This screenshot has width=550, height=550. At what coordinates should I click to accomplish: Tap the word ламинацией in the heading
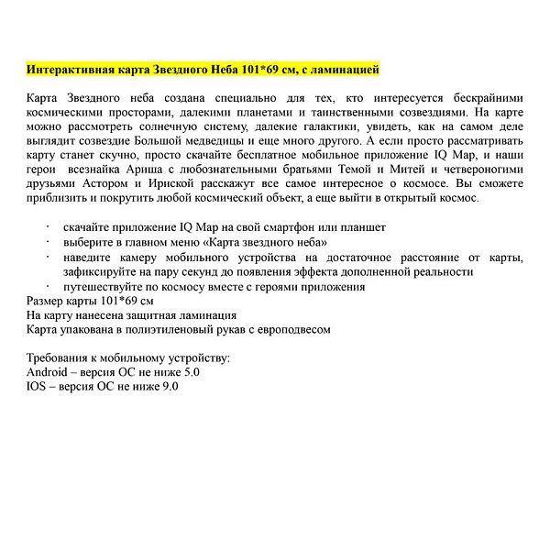tap(341, 70)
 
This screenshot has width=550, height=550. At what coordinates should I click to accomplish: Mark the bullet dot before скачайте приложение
tap(48, 226)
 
